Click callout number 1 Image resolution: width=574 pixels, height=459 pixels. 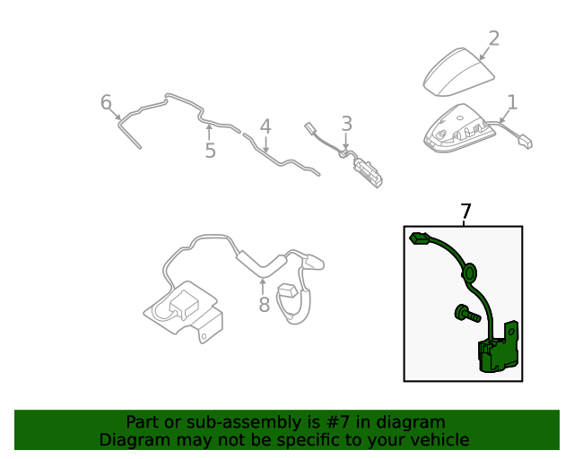(x=511, y=101)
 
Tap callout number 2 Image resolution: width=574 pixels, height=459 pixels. (x=493, y=39)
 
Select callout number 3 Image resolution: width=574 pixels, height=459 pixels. (x=346, y=124)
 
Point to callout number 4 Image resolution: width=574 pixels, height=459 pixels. (x=265, y=126)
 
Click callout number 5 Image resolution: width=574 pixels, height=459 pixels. (x=210, y=150)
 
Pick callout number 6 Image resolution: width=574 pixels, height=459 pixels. (x=106, y=102)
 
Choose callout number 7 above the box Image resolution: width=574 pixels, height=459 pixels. (x=465, y=212)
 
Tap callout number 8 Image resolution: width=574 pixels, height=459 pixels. (x=264, y=305)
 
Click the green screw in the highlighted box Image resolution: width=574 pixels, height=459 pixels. (x=463, y=313)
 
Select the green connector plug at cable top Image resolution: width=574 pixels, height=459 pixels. (x=420, y=238)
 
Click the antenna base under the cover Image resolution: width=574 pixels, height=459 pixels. (x=462, y=128)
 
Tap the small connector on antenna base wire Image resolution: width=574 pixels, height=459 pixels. (x=524, y=140)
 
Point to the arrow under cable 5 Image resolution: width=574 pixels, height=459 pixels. (x=210, y=133)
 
